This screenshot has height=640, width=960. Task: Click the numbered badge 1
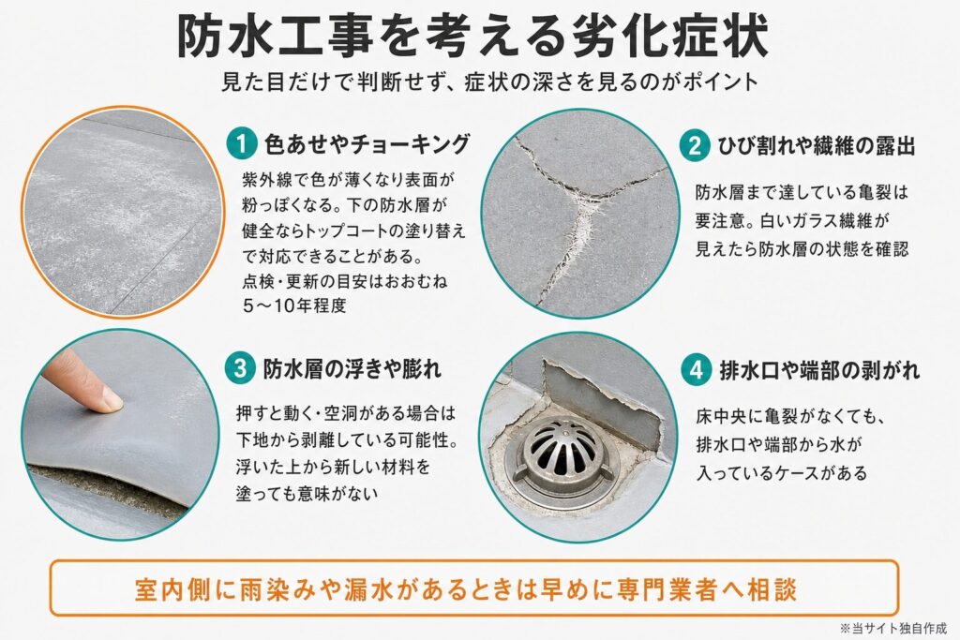(241, 143)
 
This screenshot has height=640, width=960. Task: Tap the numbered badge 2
(695, 146)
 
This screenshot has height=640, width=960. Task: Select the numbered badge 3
(239, 369)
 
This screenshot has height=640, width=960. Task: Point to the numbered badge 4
(697, 370)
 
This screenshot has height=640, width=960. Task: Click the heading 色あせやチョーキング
(367, 143)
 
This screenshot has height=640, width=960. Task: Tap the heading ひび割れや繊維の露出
(817, 146)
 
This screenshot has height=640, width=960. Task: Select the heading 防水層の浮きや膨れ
(352, 369)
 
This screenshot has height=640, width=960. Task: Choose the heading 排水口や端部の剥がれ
(819, 370)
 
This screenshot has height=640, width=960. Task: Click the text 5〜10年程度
(294, 305)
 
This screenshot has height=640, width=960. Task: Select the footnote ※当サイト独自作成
(892, 628)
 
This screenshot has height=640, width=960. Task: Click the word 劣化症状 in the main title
(668, 37)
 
